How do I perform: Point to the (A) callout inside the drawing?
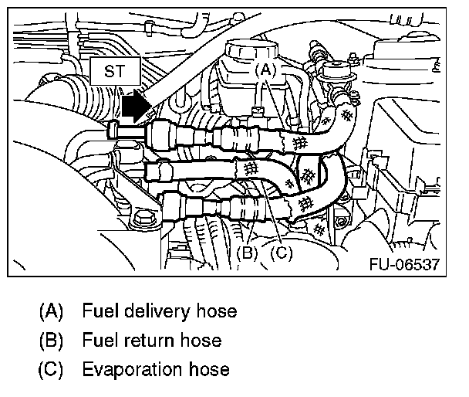point(265,69)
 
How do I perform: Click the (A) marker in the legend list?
point(51,312)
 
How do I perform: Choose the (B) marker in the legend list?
point(51,340)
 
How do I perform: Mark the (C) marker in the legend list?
point(51,368)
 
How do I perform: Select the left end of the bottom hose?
point(171,207)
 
